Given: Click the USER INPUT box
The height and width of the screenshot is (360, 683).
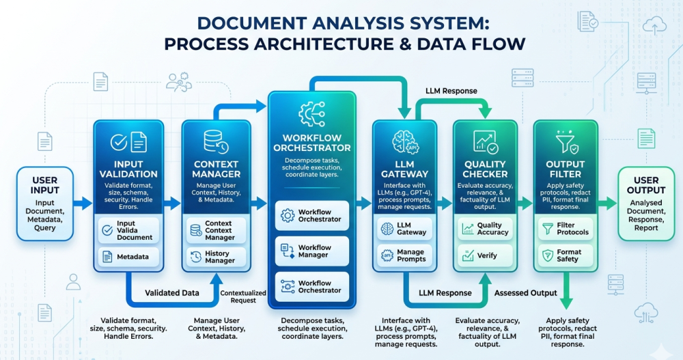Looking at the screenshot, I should (x=45, y=203).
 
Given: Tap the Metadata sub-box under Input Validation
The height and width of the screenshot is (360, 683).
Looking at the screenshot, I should (x=128, y=257).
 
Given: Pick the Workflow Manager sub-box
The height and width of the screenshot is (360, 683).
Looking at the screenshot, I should (x=311, y=251).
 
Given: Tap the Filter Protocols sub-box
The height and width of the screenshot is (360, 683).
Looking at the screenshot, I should (x=566, y=228).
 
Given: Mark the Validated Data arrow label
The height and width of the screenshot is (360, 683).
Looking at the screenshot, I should (x=172, y=293).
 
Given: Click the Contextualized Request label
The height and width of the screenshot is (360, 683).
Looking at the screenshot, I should (x=238, y=296).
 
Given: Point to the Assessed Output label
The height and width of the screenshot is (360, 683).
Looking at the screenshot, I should (x=525, y=293).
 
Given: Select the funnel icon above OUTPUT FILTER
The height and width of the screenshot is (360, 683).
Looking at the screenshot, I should (x=566, y=142).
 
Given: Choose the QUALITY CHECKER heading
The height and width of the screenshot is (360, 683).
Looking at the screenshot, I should (x=485, y=169).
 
